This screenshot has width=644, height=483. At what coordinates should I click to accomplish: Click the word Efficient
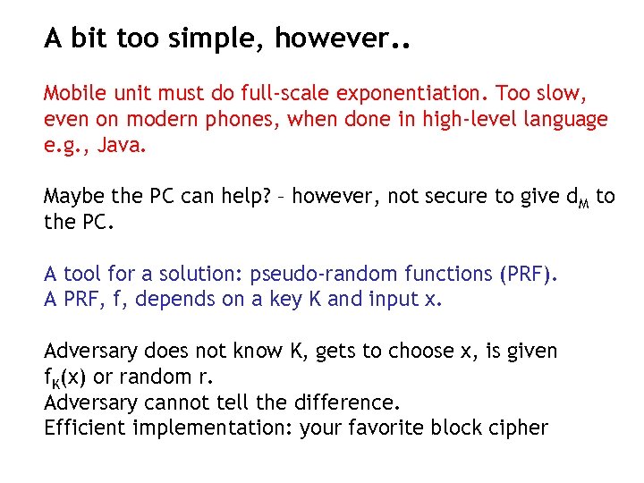pyautogui.click(x=85, y=427)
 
